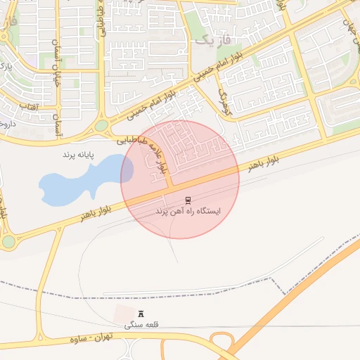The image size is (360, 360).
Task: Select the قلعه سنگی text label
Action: [x=142, y=326]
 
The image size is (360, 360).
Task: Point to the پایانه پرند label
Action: [x=78, y=153]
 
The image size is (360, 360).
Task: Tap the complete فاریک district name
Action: [x=211, y=39]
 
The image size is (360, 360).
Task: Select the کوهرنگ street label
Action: [x=224, y=101]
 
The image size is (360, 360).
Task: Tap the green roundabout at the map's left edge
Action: [x=8, y=242]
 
